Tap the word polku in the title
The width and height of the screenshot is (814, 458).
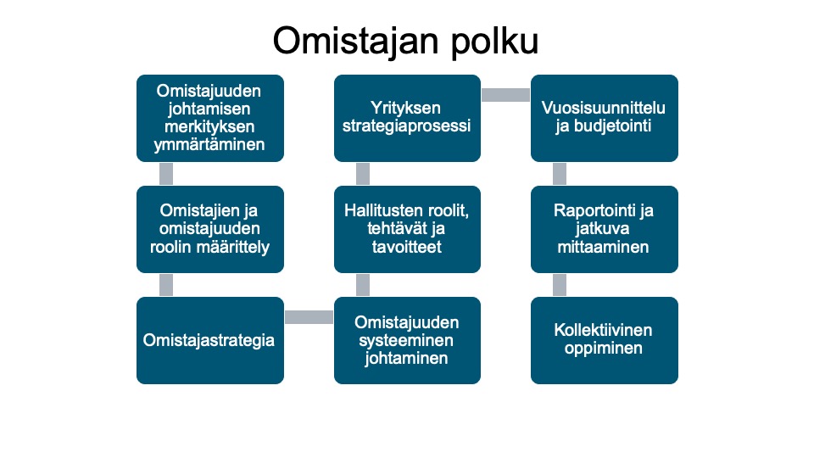click(494, 42)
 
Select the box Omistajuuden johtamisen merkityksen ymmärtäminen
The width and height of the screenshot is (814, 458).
click(210, 119)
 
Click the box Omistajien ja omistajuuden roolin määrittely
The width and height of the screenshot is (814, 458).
click(210, 230)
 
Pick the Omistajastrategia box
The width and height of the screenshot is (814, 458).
click(210, 341)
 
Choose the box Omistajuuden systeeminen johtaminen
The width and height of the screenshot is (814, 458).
click(408, 341)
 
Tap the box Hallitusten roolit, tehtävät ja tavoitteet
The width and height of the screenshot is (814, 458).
click(408, 230)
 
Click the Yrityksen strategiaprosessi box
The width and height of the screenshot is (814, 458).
click(408, 119)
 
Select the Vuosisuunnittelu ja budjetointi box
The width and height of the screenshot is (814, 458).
click(605, 119)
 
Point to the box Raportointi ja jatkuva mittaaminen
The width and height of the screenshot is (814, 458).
click(605, 230)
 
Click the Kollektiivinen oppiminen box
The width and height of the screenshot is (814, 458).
click(605, 341)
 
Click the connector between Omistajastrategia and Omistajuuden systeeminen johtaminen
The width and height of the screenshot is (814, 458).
click(309, 316)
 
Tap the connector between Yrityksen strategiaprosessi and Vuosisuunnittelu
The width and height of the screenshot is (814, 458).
click(505, 94)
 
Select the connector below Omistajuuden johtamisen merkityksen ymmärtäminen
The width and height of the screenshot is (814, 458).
click(166, 174)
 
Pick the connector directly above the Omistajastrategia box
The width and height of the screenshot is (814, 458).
click(166, 285)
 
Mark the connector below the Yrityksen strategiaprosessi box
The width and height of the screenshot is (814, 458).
click(363, 174)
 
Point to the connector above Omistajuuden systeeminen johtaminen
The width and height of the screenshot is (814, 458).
click(363, 285)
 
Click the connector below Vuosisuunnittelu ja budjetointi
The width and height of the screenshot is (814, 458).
click(560, 174)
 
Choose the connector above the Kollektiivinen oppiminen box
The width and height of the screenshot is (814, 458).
click(560, 285)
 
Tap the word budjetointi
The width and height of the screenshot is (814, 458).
click(612, 126)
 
